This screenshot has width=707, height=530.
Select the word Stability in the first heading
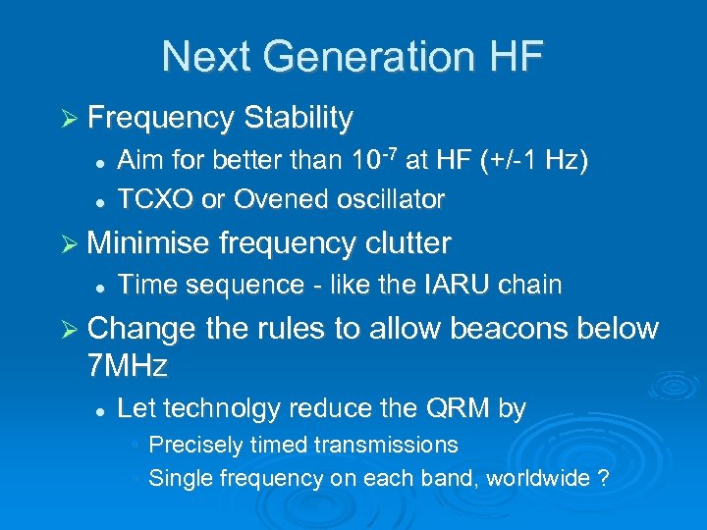pyautogui.click(x=299, y=119)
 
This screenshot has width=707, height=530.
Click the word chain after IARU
pyautogui.click(x=530, y=286)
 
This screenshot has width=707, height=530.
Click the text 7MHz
pyautogui.click(x=128, y=366)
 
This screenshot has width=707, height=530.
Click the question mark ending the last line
pyautogui.click(x=603, y=479)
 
